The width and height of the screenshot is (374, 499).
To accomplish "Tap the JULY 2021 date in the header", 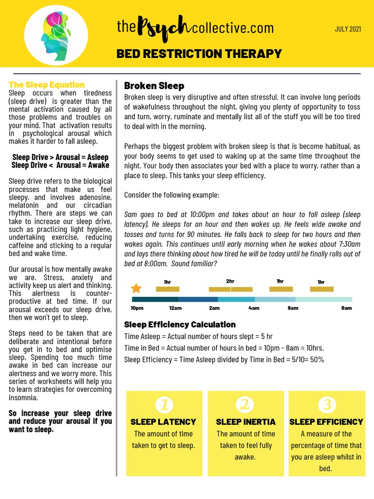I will point(348,29).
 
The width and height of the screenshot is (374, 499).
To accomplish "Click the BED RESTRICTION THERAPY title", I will point(199,53).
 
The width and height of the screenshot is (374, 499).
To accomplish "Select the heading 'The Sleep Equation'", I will point(47,85).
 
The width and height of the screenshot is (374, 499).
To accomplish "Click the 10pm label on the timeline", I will point(137,308).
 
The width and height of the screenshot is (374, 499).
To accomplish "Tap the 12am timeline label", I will point(175,308).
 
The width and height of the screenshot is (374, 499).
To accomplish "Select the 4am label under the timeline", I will point(254,308).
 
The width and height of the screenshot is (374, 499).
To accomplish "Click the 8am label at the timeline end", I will point(346,308).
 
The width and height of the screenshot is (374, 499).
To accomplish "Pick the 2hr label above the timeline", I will point(230,281).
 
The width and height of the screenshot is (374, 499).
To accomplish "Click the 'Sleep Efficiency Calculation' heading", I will point(180,325).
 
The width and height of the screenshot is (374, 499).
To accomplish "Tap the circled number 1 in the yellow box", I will point(164,404).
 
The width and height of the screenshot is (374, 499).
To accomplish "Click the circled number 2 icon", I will point(245,404).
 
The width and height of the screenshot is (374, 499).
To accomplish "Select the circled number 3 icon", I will point(326,404).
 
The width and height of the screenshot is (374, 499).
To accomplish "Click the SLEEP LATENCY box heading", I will point(163,422).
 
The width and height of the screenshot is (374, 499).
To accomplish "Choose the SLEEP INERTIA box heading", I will point(245,422).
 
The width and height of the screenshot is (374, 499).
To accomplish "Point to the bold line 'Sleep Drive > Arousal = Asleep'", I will point(60,157).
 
